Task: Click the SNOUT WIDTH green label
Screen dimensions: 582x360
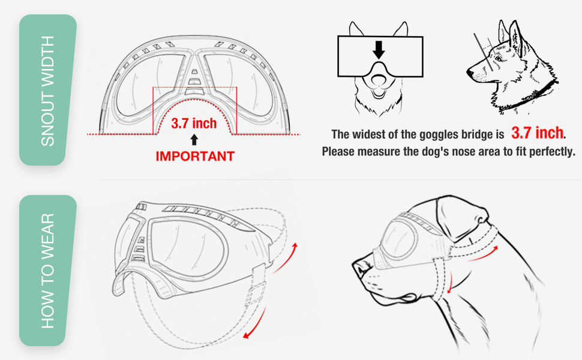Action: [x=47, y=90]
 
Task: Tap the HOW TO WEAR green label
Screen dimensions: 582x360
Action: [x=47, y=271]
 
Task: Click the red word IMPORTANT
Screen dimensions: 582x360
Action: [x=195, y=156]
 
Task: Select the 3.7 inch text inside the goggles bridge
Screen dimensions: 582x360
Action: [x=194, y=123]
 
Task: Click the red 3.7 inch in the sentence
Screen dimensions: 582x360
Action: [x=537, y=133]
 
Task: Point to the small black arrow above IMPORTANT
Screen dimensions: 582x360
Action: [x=194, y=140]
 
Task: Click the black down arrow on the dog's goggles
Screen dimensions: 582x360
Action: [x=379, y=50]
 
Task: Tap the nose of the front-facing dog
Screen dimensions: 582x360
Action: [x=379, y=79]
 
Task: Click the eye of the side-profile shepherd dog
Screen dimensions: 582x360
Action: [x=498, y=59]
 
